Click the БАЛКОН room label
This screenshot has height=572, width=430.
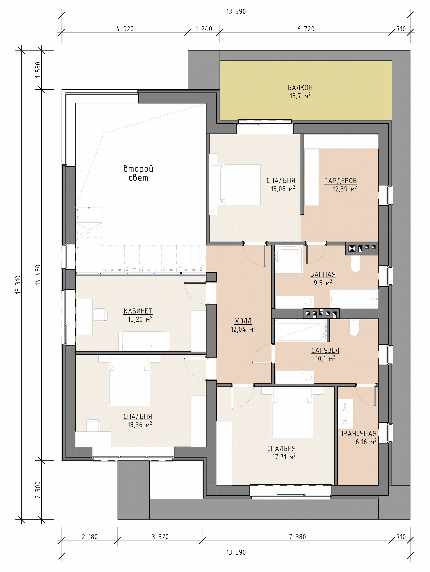[300, 88]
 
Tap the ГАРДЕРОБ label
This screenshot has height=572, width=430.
[341, 181]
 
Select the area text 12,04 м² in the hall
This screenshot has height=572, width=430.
[243, 329]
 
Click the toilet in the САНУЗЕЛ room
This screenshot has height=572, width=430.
[354, 327]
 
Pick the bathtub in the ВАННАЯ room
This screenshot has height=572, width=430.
[354, 299]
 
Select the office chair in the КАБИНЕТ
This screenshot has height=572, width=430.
[100, 315]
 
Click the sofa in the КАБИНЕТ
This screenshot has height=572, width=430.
[144, 341]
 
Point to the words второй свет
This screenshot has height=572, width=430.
[138, 173]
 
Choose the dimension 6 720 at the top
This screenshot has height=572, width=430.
[306, 29]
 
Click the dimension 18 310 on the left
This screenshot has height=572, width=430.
[18, 284]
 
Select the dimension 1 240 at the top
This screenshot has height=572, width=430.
[204, 29]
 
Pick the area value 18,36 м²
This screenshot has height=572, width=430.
[140, 425]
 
